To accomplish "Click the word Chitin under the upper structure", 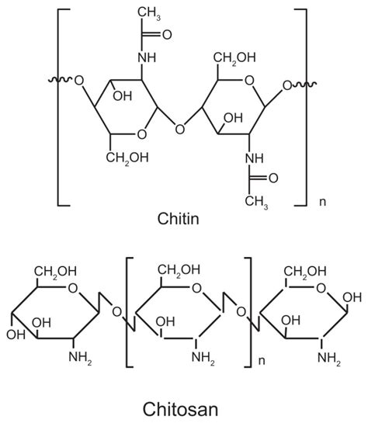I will tap(177, 219).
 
